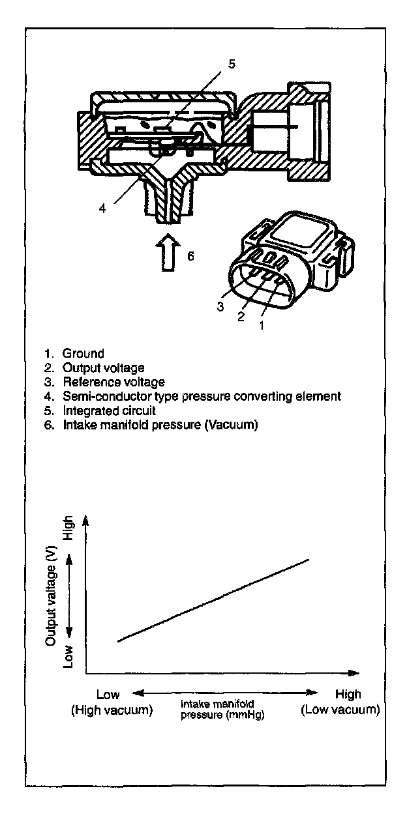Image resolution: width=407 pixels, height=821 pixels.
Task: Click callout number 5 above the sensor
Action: click(x=231, y=64)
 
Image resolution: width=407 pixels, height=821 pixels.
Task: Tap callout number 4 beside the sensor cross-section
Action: click(x=102, y=209)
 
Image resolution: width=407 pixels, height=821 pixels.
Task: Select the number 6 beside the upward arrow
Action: click(x=190, y=256)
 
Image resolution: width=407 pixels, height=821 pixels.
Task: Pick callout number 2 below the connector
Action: click(x=241, y=317)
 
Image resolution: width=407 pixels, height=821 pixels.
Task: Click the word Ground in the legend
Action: click(x=83, y=354)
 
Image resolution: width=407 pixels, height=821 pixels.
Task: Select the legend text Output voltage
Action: click(x=102, y=368)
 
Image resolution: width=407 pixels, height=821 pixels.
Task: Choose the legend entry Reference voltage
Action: click(x=113, y=382)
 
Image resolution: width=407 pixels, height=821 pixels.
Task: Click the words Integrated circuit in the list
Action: click(x=110, y=411)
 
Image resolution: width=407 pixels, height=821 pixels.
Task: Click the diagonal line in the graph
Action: click(x=212, y=600)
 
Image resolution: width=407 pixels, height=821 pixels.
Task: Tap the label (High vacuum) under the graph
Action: click(x=112, y=710)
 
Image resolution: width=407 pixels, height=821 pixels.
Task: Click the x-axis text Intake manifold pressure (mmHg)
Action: click(x=226, y=710)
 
